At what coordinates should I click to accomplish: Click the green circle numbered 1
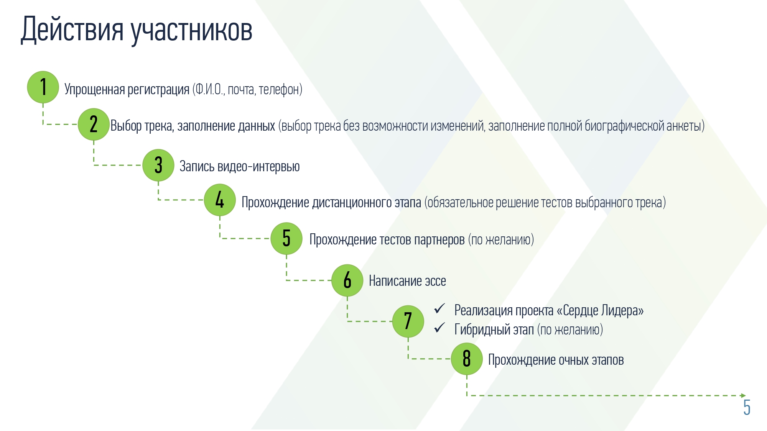[x=43, y=87]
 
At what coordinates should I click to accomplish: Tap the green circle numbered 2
[x=94, y=124]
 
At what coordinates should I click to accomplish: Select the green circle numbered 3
[x=158, y=165]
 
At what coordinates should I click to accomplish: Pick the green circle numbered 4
[x=220, y=200]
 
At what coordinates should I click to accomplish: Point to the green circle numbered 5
[x=286, y=238]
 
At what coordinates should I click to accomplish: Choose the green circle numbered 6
[x=347, y=280]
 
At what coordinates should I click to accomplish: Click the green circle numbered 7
[x=408, y=321]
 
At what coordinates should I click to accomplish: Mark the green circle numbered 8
[x=467, y=359]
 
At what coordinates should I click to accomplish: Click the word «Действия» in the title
[x=72, y=30]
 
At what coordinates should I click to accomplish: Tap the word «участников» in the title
[x=192, y=31]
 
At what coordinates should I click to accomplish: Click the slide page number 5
[x=747, y=407]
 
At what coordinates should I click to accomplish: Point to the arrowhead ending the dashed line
[x=744, y=395]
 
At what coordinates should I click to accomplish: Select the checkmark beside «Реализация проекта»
[x=439, y=308]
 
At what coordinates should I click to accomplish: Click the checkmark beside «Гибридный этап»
[x=439, y=328]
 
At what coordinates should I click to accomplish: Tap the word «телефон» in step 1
[x=279, y=90]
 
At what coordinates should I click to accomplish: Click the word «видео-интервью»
[x=258, y=167]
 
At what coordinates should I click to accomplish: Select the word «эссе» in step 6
[x=435, y=281]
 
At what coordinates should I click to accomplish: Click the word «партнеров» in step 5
[x=439, y=240]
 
